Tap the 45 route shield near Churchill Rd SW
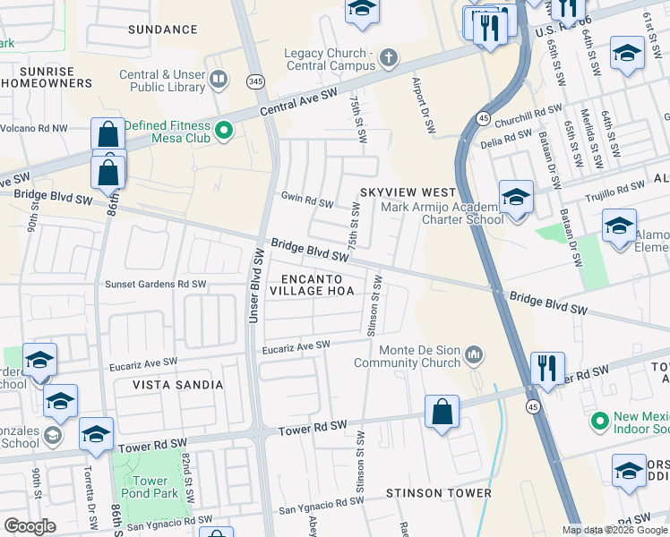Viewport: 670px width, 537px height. click(483, 117)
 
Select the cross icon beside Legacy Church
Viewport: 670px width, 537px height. click(387, 59)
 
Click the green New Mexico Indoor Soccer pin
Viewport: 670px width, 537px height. click(599, 419)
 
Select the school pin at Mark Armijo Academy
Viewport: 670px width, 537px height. click(515, 197)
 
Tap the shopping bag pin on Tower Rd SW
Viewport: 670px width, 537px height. click(442, 413)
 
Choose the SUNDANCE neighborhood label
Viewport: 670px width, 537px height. click(162, 30)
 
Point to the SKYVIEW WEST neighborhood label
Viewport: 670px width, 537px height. click(408, 192)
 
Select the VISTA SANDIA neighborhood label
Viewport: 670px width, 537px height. click(178, 385)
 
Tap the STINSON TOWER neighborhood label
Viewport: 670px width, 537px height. click(438, 493)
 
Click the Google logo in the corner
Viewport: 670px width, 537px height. click(30, 526)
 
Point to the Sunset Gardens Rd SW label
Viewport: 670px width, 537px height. click(156, 284)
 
